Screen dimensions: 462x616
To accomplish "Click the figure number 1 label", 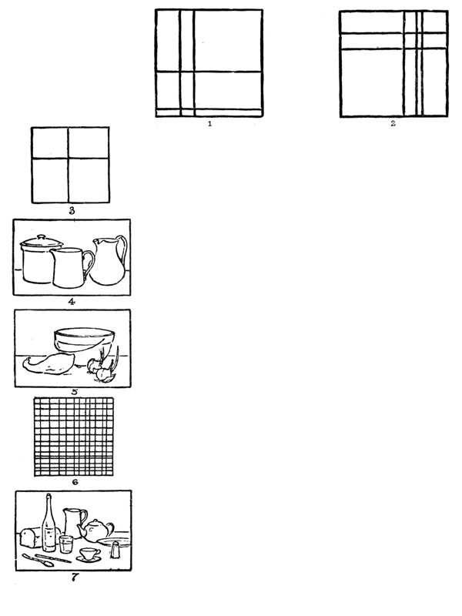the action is tap(209, 124).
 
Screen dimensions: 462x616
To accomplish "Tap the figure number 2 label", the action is tap(393, 124).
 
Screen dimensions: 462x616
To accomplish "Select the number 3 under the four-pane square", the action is tap(72, 211).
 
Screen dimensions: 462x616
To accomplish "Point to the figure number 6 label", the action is tap(75, 482).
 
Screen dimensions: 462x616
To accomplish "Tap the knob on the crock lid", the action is tap(42, 236).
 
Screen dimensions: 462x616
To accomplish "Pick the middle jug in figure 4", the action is tap(72, 267).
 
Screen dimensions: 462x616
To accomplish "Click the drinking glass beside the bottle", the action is tap(66, 544).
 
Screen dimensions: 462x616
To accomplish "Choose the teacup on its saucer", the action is tap(89, 554).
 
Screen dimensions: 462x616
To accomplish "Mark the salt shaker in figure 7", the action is tap(115, 549).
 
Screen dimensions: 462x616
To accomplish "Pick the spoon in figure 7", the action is tap(38, 561).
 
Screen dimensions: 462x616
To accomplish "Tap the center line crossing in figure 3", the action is tap(69, 159).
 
